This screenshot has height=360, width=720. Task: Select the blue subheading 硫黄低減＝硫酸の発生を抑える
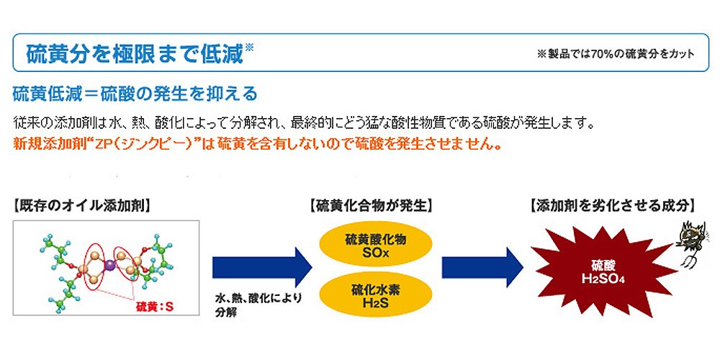pyautogui.click(x=135, y=94)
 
